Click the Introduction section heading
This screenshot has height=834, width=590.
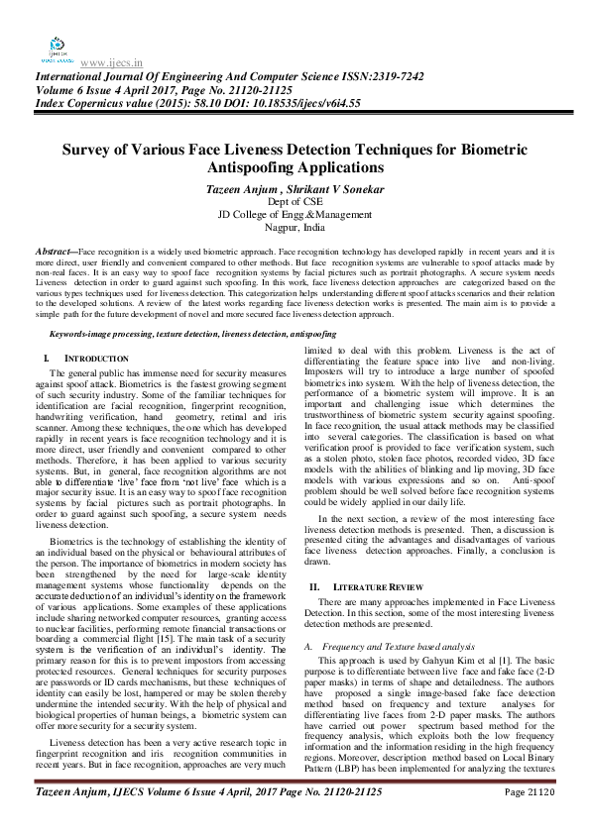click(96, 357)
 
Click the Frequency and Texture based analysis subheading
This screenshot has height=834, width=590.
click(387, 645)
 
